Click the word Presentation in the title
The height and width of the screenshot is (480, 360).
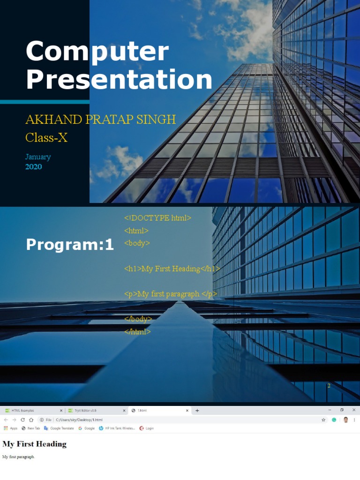coord(119,79)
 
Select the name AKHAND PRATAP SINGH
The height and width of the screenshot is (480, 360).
coord(100,119)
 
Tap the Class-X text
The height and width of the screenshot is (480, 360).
coord(46,138)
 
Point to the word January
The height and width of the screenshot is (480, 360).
coord(38,157)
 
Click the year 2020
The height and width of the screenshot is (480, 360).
coord(33,166)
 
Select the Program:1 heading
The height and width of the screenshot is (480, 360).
coord(70,244)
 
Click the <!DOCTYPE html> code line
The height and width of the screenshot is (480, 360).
coord(157,218)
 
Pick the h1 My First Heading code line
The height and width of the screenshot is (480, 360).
coord(172,269)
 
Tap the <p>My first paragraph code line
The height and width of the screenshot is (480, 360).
coord(171,294)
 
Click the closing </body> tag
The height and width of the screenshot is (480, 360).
coord(138,319)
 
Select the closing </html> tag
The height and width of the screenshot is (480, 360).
coord(137,331)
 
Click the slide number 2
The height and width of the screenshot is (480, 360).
coord(329,385)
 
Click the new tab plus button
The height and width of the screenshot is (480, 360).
coord(197,411)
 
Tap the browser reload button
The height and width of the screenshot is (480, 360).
coord(22,420)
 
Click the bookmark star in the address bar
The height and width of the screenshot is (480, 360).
coord(323,420)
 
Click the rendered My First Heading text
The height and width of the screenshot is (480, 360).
coord(34,444)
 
